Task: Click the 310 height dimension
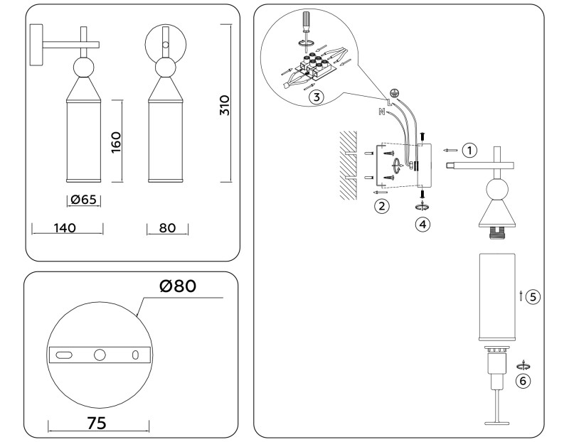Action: click(225, 105)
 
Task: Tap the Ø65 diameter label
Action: click(83, 200)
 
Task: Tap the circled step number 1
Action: click(468, 150)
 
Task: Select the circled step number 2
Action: click(382, 206)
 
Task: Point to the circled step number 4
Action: click(422, 224)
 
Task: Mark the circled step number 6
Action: click(523, 381)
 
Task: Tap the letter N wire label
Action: click(382, 111)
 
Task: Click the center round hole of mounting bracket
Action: click(100, 354)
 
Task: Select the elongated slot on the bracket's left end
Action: click(63, 354)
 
